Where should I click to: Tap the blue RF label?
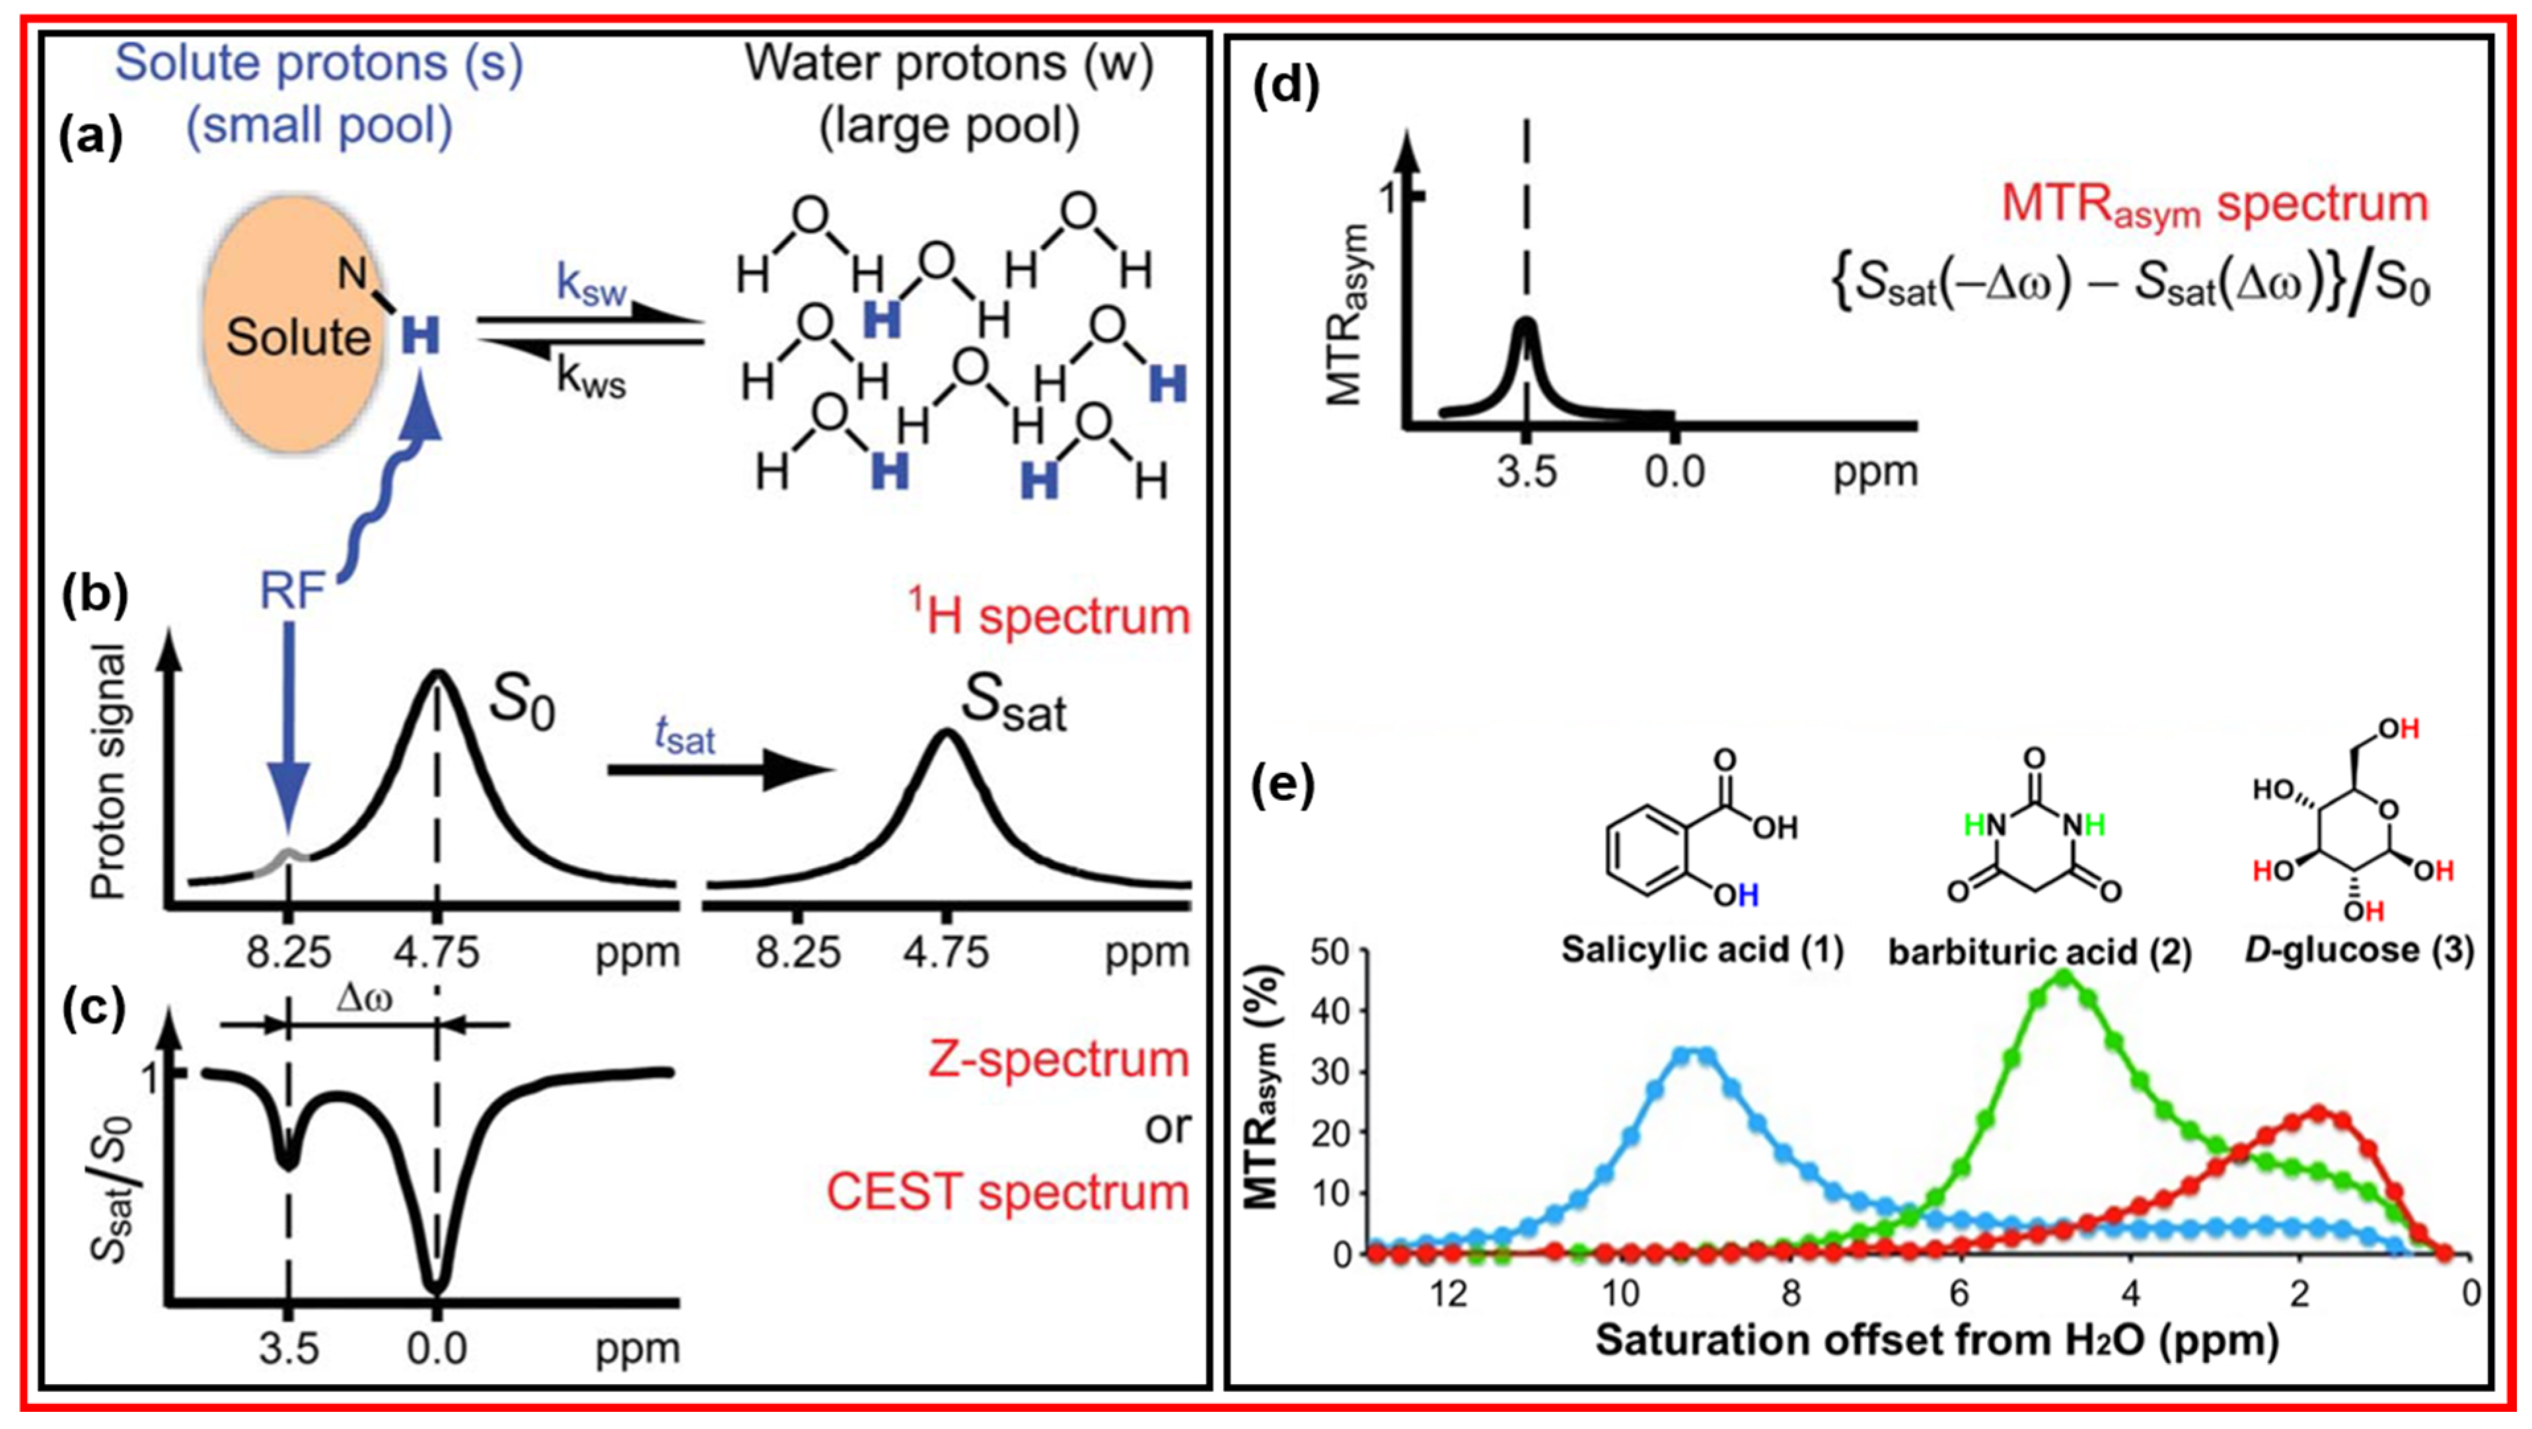pyautogui.click(x=292, y=592)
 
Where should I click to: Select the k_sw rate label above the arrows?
pyautogui.click(x=591, y=285)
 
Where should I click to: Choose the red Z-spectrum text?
pyautogui.click(x=1058, y=1058)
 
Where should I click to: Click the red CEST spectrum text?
pyautogui.click(x=1007, y=1192)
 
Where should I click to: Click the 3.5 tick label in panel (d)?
pyautogui.click(x=1527, y=472)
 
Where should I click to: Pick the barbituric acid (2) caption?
pyautogui.click(x=2041, y=951)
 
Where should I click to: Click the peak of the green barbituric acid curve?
pyautogui.click(x=2062, y=976)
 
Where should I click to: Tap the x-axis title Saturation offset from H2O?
pyautogui.click(x=1936, y=1340)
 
